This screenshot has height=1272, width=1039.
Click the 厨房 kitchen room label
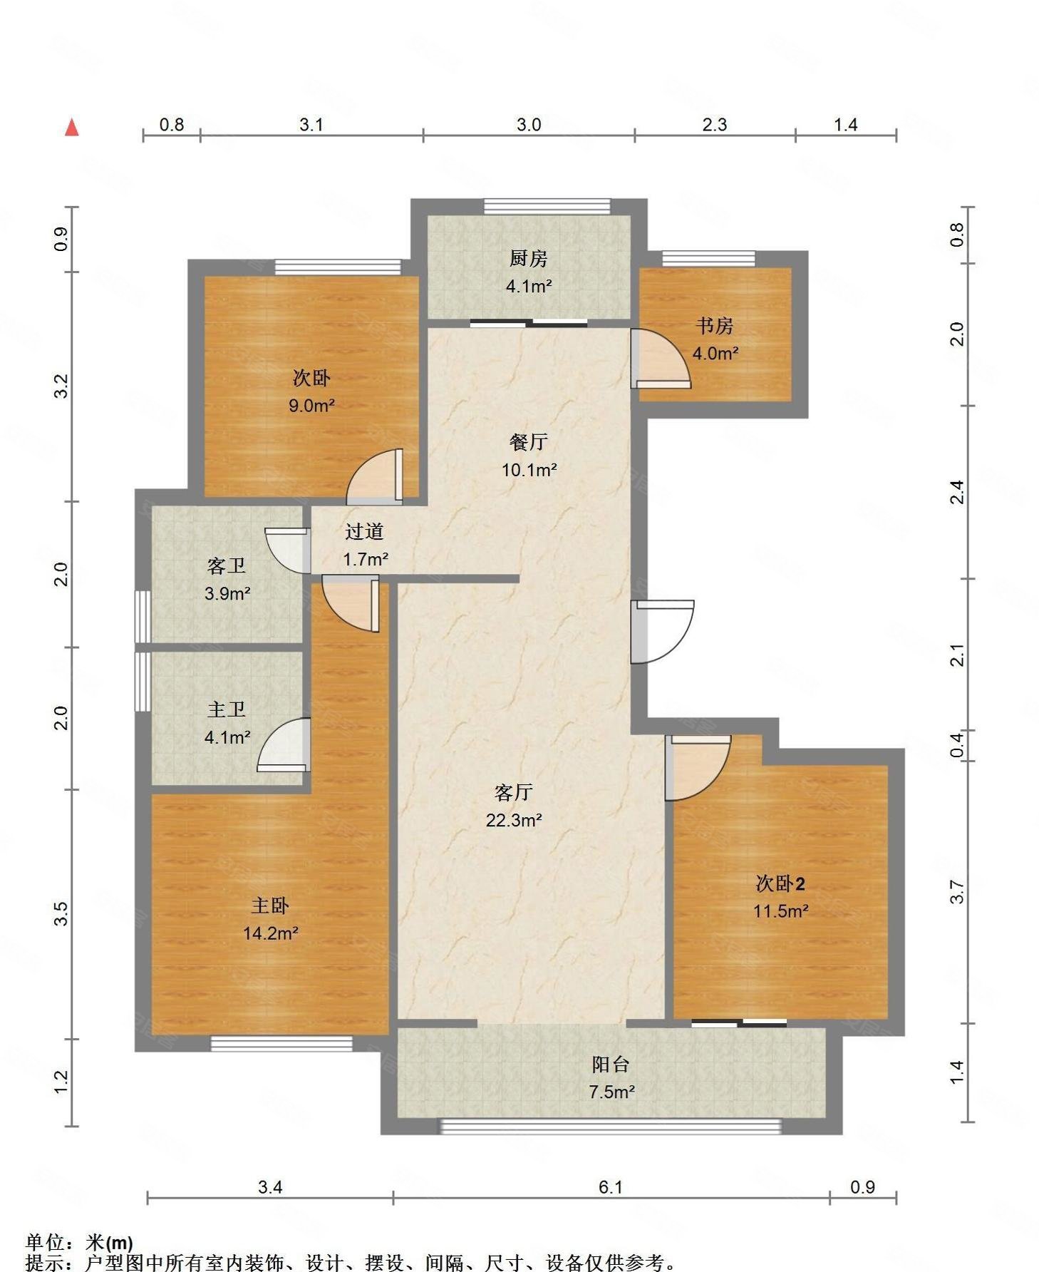pos(528,258)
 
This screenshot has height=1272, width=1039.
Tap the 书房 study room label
pos(715,326)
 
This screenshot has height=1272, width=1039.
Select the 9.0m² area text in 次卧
pos(311,406)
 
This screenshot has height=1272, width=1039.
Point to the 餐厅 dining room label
pos(528,442)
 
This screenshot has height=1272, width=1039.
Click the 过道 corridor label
pos(364,531)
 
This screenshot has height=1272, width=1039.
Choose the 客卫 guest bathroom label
pos(227,566)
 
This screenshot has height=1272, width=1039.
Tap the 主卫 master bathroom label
pos(227,709)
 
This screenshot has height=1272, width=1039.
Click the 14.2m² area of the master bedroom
pos(270,933)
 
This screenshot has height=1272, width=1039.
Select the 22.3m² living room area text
pos(514,820)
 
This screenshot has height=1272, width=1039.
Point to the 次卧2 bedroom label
pos(780,883)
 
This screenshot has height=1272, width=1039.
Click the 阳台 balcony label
pos(611,1065)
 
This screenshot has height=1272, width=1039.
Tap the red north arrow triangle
pos(71,128)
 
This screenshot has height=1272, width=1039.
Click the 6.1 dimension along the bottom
pos(611,1187)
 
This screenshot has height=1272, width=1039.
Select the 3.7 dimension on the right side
pos(957,892)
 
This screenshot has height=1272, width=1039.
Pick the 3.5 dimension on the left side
pos(61,913)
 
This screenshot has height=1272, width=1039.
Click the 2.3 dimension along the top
pos(715,125)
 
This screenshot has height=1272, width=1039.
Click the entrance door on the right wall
pos(662,632)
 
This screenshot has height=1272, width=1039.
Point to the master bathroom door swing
pos(284,744)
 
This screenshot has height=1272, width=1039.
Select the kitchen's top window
pos(547,206)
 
